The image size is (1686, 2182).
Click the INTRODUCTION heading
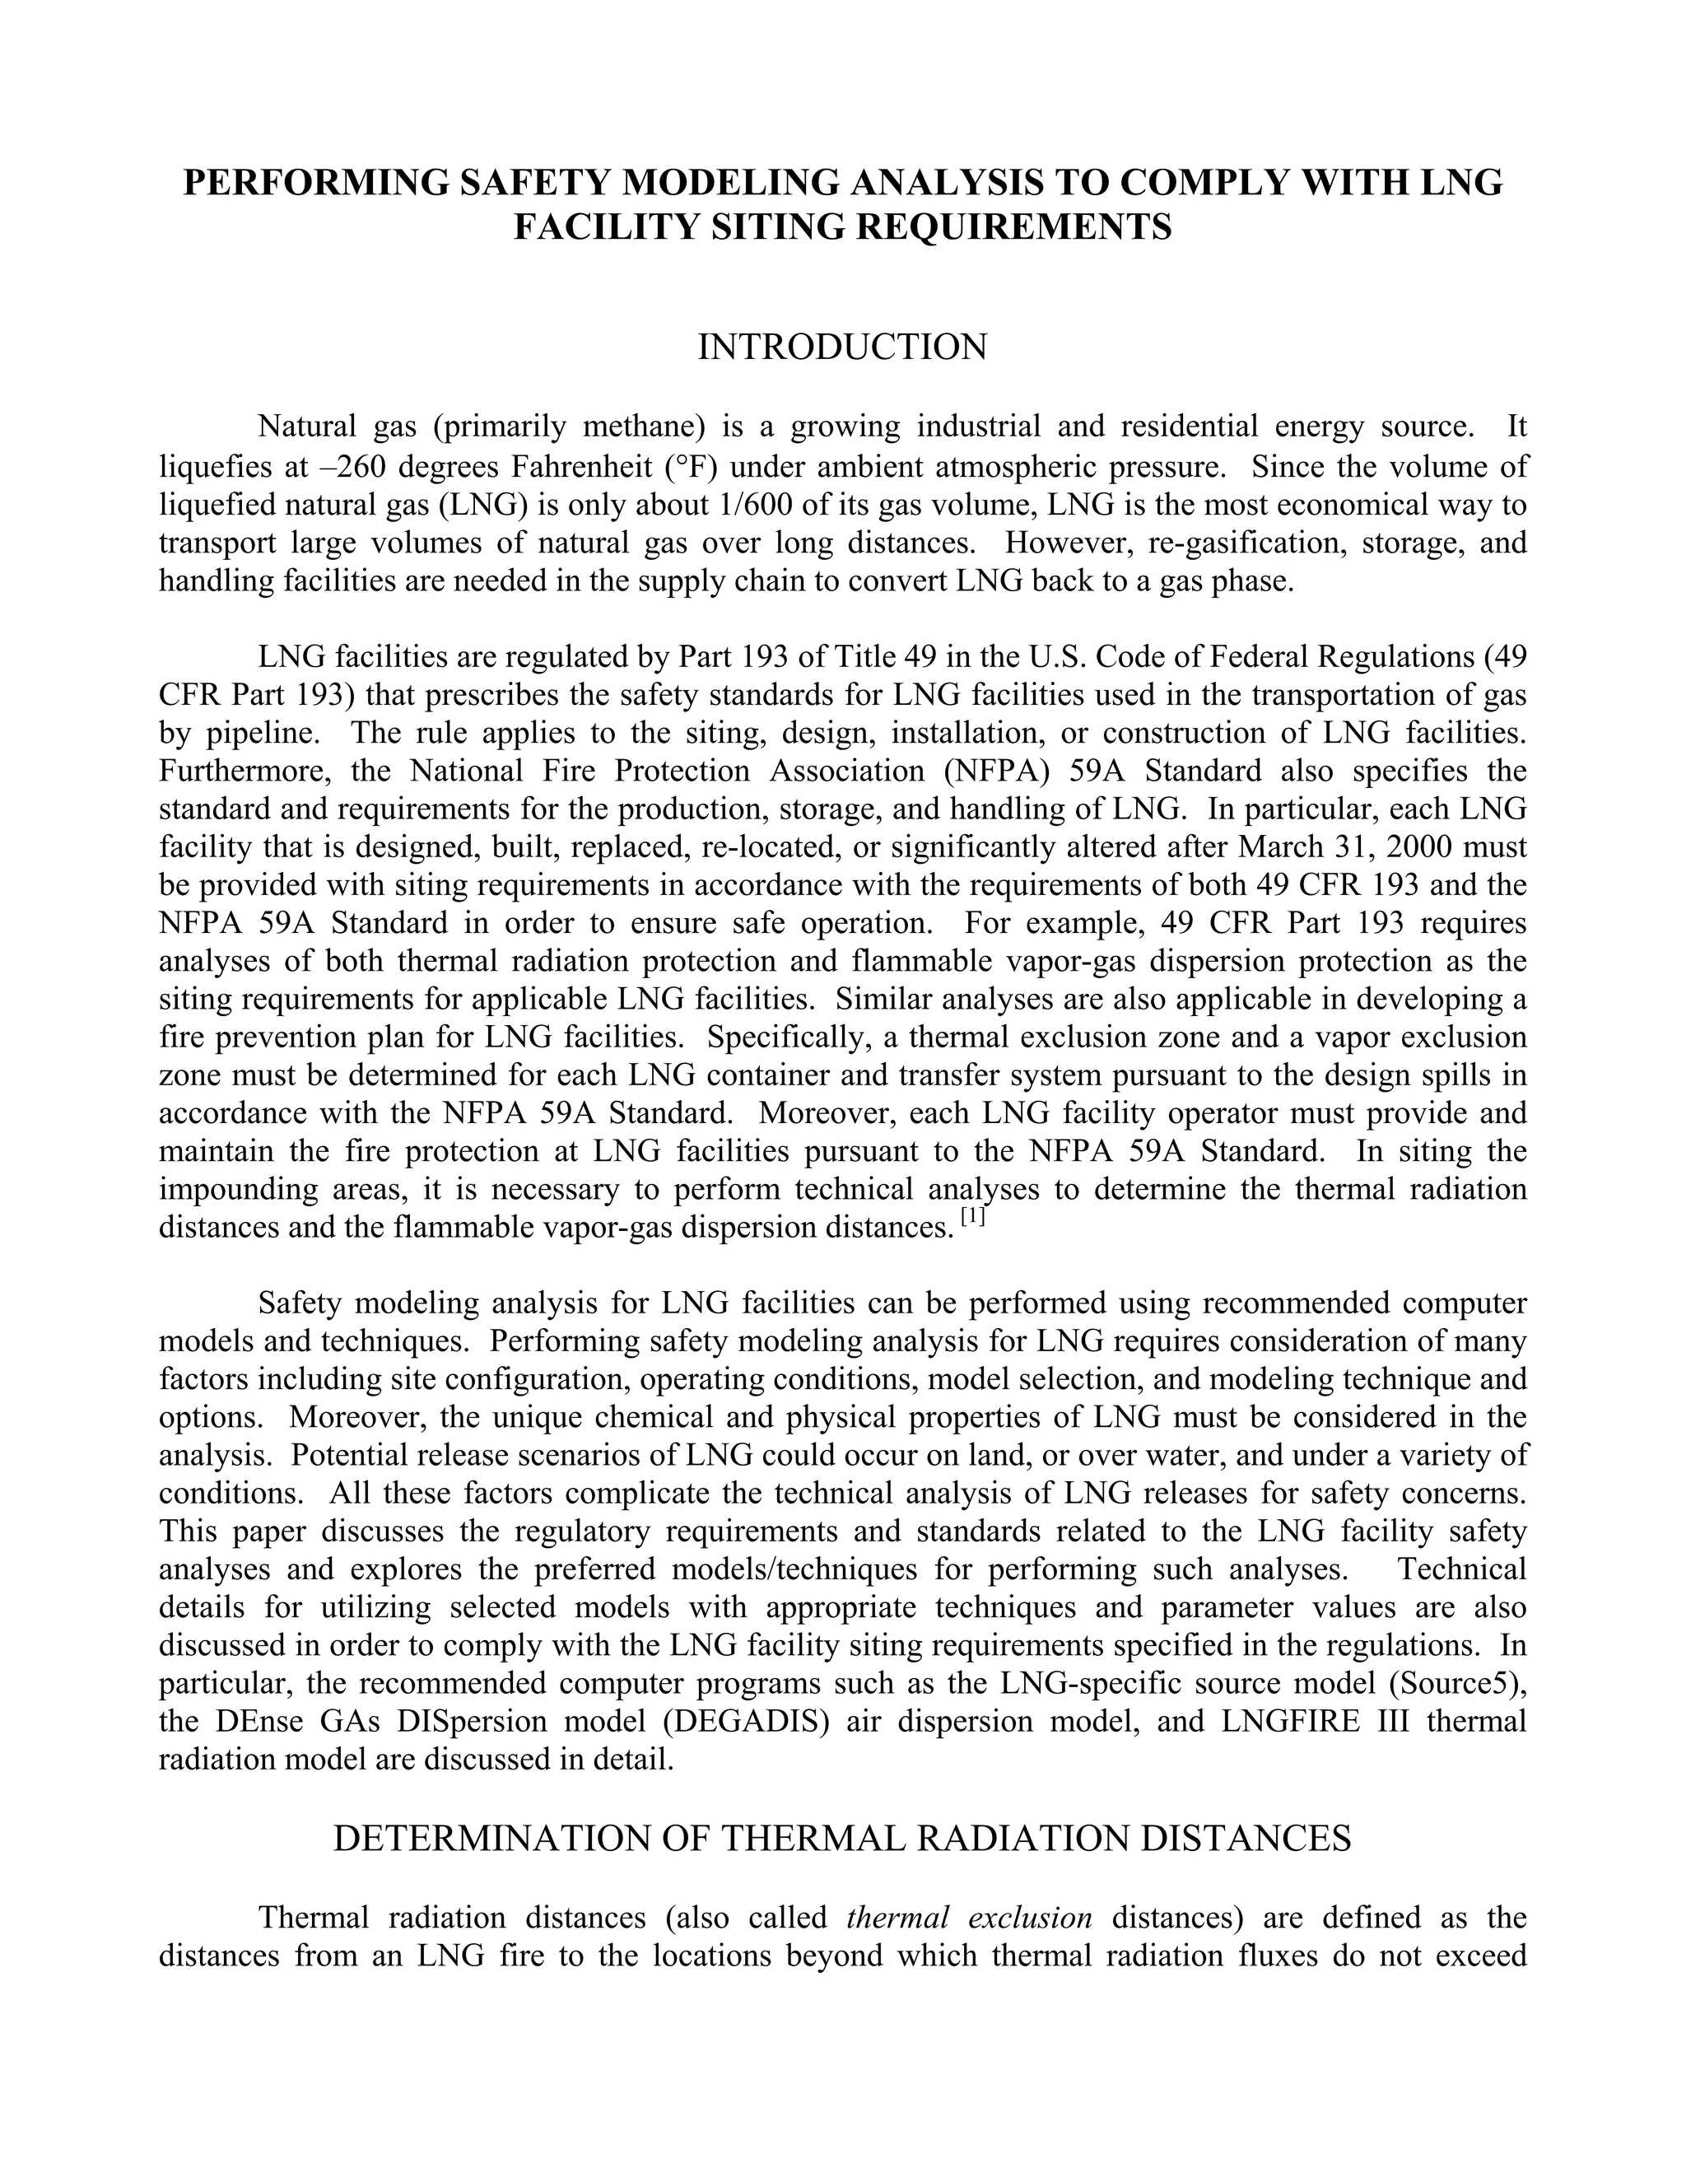coord(842,347)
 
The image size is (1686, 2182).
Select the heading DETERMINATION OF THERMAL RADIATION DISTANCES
coord(842,1839)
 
